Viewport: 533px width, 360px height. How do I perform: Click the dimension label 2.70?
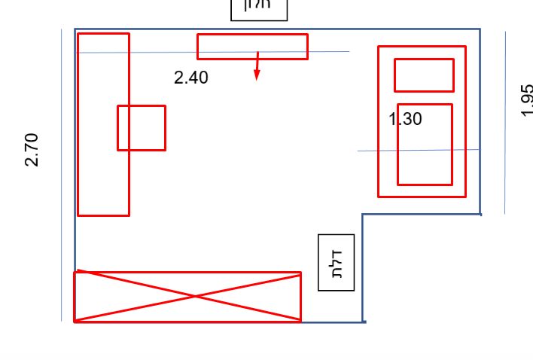tap(31, 149)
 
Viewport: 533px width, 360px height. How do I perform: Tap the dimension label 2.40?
tap(191, 78)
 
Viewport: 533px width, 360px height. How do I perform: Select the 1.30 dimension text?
tap(405, 118)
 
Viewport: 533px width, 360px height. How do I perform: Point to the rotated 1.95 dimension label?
tap(526, 100)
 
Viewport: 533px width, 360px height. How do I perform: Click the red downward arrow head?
tap(257, 75)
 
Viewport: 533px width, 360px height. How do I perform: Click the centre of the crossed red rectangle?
tap(187, 297)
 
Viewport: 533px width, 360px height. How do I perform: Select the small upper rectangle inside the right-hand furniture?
tap(424, 75)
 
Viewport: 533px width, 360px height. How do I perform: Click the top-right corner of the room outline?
tap(480, 29)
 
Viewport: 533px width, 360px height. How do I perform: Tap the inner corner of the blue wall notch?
tap(363, 215)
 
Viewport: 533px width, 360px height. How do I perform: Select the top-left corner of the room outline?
tap(75, 29)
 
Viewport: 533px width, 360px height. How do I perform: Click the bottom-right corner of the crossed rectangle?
tap(300, 321)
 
